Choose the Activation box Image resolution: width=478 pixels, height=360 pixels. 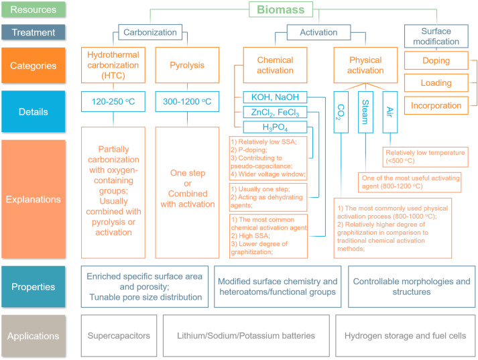tap(313, 32)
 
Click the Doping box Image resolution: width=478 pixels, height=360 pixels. tap(436, 60)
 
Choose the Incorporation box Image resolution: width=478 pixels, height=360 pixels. tap(436, 105)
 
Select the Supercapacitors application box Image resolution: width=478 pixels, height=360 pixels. tap(119, 336)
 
